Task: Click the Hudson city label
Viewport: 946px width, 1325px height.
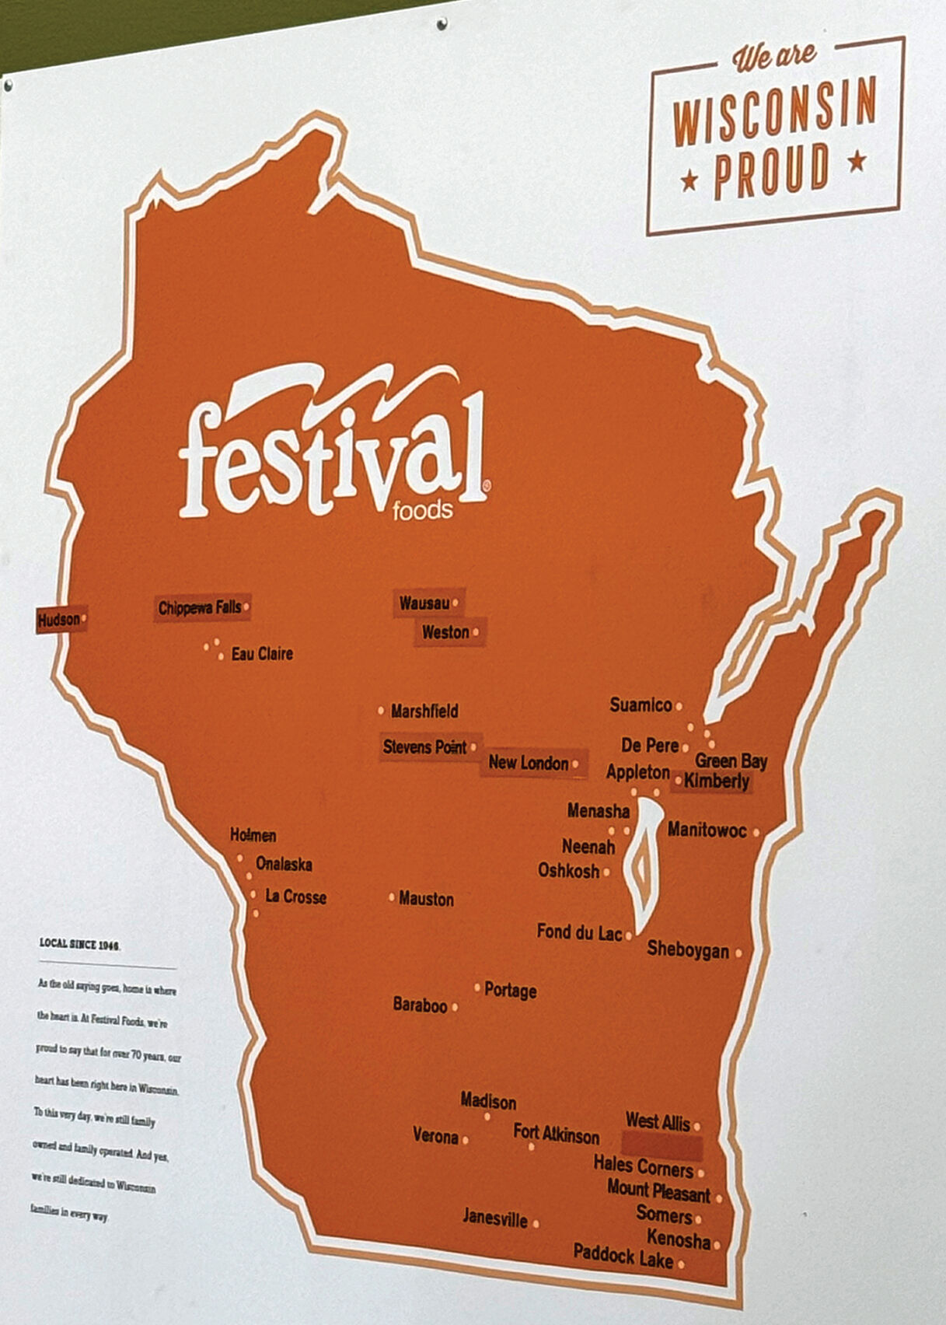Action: (59, 620)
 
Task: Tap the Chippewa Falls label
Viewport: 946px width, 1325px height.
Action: (200, 608)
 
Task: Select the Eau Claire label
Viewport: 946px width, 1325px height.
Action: (262, 654)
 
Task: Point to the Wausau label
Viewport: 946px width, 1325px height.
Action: (424, 603)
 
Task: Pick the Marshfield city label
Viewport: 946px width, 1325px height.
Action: (424, 711)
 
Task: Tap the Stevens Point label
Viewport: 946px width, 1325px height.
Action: (424, 747)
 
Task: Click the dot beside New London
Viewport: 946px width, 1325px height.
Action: (575, 764)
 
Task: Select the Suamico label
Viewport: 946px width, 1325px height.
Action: (641, 705)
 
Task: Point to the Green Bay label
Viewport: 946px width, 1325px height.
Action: (731, 761)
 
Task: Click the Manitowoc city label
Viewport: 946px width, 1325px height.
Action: (707, 830)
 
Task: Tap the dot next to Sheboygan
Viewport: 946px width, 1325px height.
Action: (738, 952)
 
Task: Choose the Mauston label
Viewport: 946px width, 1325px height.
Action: (426, 899)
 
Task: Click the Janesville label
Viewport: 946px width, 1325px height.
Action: (495, 1218)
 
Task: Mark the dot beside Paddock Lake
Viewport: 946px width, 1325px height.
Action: (681, 1264)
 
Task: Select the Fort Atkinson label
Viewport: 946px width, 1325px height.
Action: (557, 1135)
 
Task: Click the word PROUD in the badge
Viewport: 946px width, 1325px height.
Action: (771, 170)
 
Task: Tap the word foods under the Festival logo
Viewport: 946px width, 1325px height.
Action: (422, 510)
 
